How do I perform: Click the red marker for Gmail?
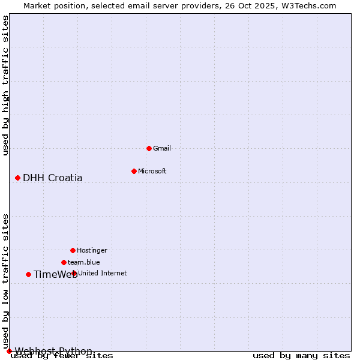click(x=149, y=148)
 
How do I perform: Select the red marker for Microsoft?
click(x=134, y=171)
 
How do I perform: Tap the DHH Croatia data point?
click(x=17, y=178)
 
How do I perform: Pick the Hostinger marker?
click(x=73, y=250)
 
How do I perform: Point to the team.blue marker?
click(x=64, y=262)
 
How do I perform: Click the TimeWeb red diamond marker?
click(x=28, y=274)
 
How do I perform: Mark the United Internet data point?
click(x=74, y=273)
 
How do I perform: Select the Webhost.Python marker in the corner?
click(x=9, y=351)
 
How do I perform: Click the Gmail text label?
click(x=162, y=148)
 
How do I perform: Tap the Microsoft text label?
click(x=152, y=171)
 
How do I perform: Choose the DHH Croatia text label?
click(x=53, y=178)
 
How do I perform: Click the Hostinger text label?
click(x=92, y=250)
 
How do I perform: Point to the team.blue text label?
click(x=84, y=262)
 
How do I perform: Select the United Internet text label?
click(x=103, y=273)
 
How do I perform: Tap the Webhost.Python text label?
click(x=54, y=351)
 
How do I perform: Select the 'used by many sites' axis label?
click(x=301, y=356)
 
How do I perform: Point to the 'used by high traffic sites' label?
click(x=5, y=85)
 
